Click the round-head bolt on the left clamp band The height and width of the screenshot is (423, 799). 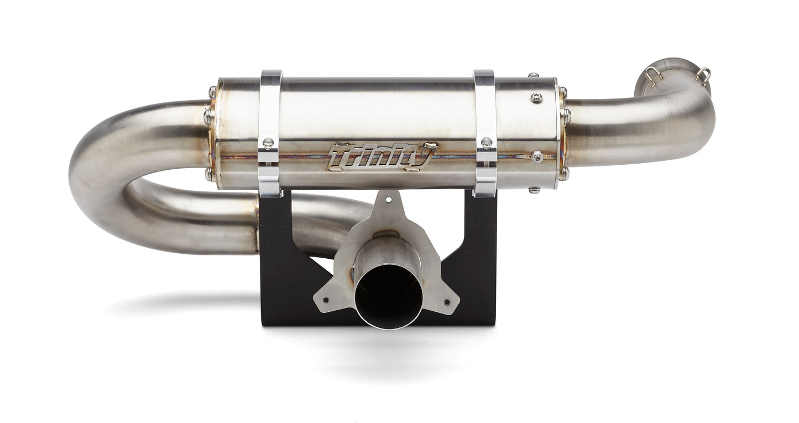point(268,143)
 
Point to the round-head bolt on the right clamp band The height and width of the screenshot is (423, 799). point(487,143)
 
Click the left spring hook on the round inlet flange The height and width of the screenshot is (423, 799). point(653,75)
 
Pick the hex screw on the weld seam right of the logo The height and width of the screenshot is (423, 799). point(537,156)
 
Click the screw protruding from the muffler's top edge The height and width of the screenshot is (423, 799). point(532,75)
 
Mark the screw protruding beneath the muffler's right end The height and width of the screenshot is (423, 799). point(534,190)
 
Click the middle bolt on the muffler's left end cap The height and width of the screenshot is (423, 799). point(208,117)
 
